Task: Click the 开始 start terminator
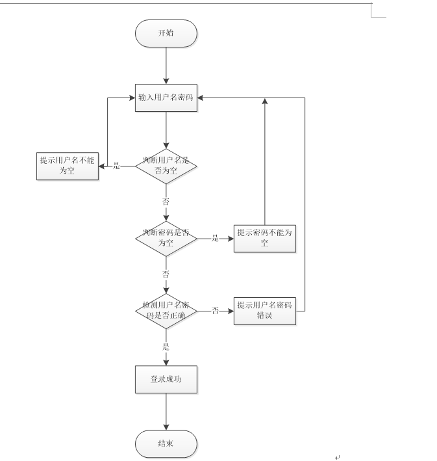[x=166, y=33]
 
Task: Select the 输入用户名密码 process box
[x=166, y=98]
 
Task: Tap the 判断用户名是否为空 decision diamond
[x=166, y=166]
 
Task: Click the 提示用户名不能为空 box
[x=67, y=166]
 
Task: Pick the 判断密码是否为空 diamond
[x=166, y=238]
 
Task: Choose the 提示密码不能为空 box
[x=265, y=238]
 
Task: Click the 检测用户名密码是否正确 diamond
[x=166, y=311]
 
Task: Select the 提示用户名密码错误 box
[x=265, y=311]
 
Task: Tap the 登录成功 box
[x=166, y=380]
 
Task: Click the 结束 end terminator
[x=166, y=444]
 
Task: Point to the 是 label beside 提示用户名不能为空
[x=117, y=166]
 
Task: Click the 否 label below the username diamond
[x=166, y=202]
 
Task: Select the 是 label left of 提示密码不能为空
[x=215, y=238]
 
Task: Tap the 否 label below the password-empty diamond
[x=166, y=274]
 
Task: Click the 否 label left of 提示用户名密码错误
[x=215, y=311]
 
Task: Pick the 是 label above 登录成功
[x=166, y=347]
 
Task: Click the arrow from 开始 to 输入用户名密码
[x=166, y=65]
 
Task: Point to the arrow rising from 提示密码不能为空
[x=265, y=163]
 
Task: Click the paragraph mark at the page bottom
[x=337, y=457]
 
